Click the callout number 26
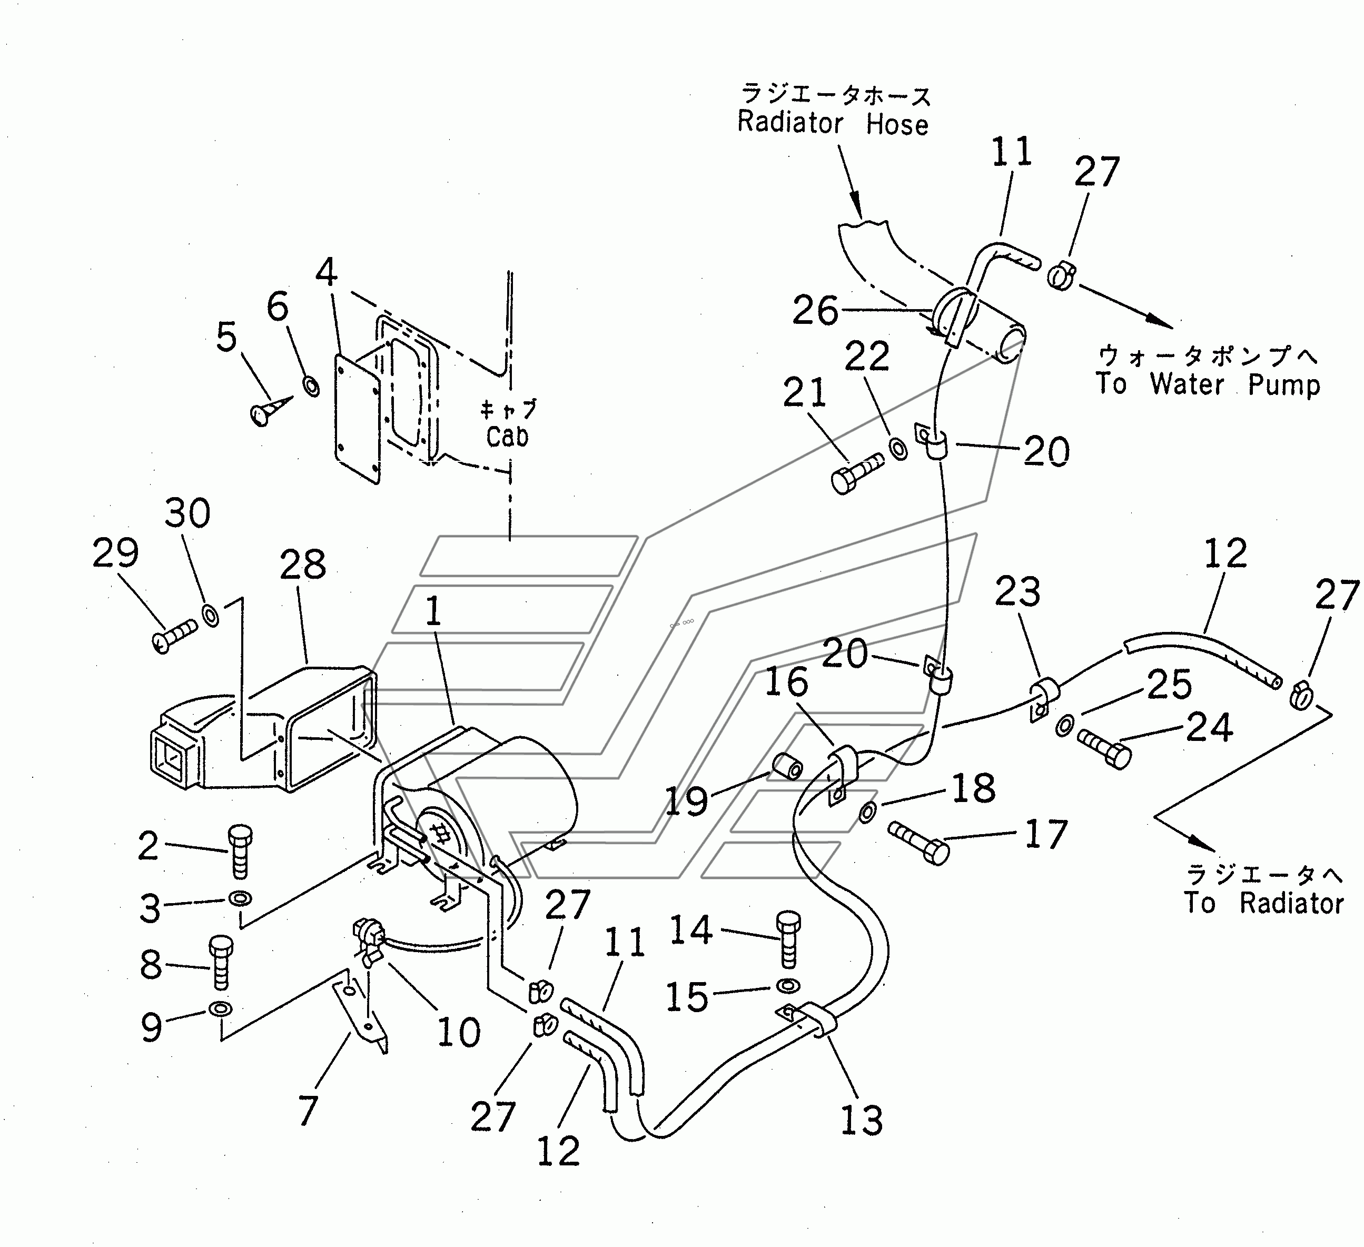click(x=815, y=311)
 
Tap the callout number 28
click(x=302, y=565)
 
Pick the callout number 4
click(x=327, y=272)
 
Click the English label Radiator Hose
click(x=833, y=123)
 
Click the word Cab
click(x=508, y=437)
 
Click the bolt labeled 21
click(x=856, y=473)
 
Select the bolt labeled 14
click(x=788, y=940)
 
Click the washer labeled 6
click(x=312, y=387)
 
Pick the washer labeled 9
click(x=221, y=1009)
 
